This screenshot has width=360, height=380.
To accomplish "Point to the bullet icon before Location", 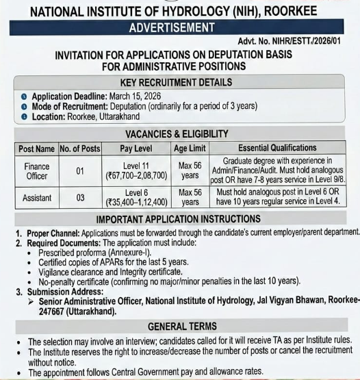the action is click(24, 117).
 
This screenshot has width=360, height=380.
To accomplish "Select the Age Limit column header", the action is click(190, 148).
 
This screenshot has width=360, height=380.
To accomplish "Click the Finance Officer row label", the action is click(36, 170).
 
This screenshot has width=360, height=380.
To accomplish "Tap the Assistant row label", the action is click(36, 197).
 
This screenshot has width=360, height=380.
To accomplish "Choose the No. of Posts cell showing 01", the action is click(80, 170).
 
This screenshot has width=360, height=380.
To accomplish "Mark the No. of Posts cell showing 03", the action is click(80, 197).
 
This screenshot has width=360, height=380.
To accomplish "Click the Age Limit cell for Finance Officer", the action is click(190, 170).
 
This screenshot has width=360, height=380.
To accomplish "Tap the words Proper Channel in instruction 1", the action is click(52, 233).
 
